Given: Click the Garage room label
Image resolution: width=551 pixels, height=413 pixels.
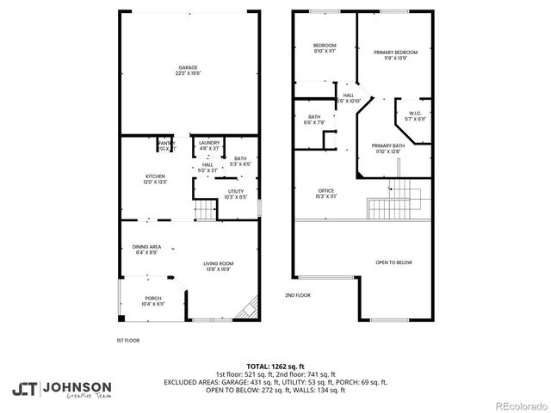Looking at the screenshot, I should [x=189, y=70].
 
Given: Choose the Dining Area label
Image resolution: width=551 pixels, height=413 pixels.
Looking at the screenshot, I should [x=146, y=249].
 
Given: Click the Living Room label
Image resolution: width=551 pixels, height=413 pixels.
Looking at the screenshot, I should [x=218, y=266].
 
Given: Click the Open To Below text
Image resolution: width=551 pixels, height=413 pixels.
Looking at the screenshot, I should [x=393, y=263].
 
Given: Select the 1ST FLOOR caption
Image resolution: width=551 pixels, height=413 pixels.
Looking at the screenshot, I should [x=127, y=340].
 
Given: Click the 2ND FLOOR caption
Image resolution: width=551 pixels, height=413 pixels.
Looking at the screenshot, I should [x=297, y=295].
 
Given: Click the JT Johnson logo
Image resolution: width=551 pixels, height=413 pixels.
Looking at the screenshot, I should [x=61, y=389].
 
